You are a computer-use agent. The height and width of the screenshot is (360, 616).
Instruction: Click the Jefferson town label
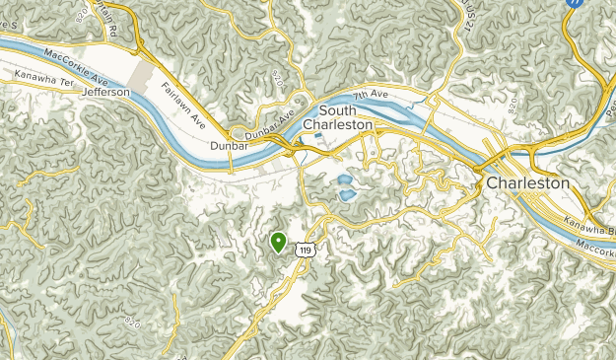pos(107,92)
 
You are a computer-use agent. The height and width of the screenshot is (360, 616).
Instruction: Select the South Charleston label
pos(338,117)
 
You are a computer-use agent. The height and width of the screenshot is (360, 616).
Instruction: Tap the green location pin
pos(278,240)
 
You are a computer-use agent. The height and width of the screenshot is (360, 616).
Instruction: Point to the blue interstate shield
pos(574,4)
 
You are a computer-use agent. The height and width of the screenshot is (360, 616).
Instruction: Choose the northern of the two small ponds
pos(343,180)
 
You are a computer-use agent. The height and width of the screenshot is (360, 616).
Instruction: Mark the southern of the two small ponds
pos(348,195)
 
